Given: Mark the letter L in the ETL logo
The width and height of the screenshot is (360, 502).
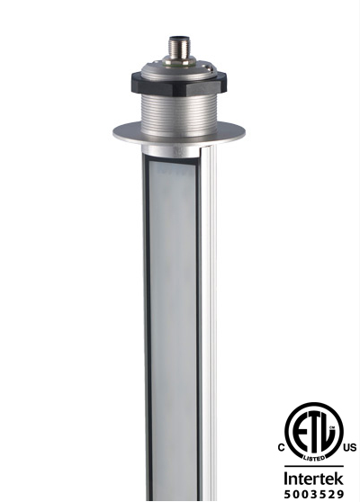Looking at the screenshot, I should pos(328,429).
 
